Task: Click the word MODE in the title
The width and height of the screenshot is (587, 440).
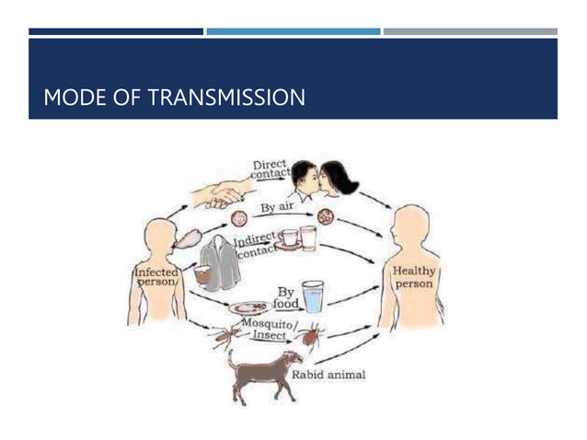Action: [x=74, y=96]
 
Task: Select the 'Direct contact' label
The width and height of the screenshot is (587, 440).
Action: [x=270, y=168]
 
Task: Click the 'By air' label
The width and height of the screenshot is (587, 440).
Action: [x=276, y=207]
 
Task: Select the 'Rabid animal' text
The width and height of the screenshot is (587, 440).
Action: [x=328, y=375]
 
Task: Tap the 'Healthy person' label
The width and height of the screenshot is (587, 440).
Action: [x=414, y=278]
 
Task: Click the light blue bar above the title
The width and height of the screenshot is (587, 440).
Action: [x=293, y=31]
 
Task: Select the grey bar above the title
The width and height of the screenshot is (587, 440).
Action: [x=469, y=31]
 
